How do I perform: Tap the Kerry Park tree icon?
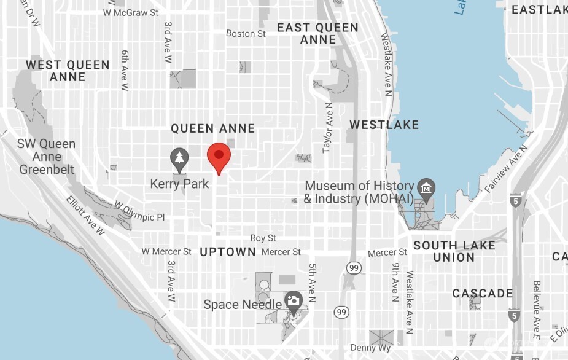(x=179, y=159)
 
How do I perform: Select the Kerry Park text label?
(x=179, y=184)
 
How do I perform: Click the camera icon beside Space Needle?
(x=294, y=300)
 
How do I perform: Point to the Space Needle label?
(x=243, y=305)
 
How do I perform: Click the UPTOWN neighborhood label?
(x=228, y=252)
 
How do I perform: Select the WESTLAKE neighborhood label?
(x=384, y=125)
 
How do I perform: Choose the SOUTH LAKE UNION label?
(x=454, y=251)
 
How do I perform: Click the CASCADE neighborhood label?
(x=483, y=294)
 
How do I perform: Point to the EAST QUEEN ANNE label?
(x=317, y=33)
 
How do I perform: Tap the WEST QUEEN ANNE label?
(x=68, y=71)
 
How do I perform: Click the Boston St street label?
(x=246, y=34)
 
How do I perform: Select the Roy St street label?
(x=263, y=238)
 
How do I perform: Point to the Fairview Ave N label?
(x=505, y=170)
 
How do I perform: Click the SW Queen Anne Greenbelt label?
(x=47, y=157)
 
